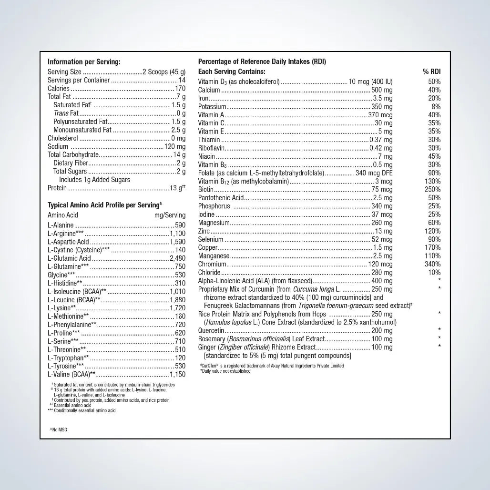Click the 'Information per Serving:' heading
(84, 62)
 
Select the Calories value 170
(180, 89)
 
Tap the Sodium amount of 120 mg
(175, 146)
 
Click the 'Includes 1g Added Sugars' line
(94, 179)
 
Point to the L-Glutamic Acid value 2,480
(177, 258)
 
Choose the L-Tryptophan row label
(68, 357)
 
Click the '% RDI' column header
(431, 71)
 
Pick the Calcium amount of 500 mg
(382, 90)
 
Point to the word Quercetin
(211, 330)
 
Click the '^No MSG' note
(59, 429)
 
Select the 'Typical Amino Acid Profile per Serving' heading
(103, 205)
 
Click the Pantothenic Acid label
(221, 198)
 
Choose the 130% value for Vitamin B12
(433, 181)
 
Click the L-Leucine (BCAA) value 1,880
(177, 300)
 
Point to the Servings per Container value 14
(182, 80)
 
